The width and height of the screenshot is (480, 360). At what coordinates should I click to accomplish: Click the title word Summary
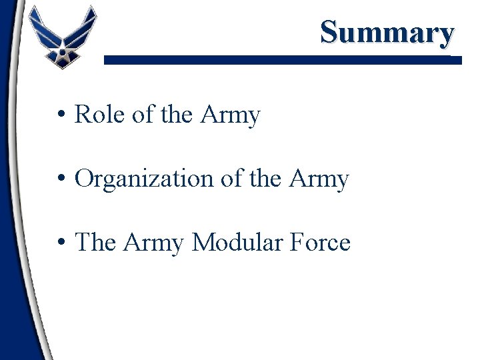coord(387,31)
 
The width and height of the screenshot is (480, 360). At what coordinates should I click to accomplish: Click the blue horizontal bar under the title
coord(280,60)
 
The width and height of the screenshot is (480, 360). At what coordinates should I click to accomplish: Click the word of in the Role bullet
coord(143,115)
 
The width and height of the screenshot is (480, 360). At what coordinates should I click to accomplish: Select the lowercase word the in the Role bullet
coord(177,115)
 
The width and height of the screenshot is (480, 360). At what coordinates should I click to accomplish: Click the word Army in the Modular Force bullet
coord(154,242)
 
